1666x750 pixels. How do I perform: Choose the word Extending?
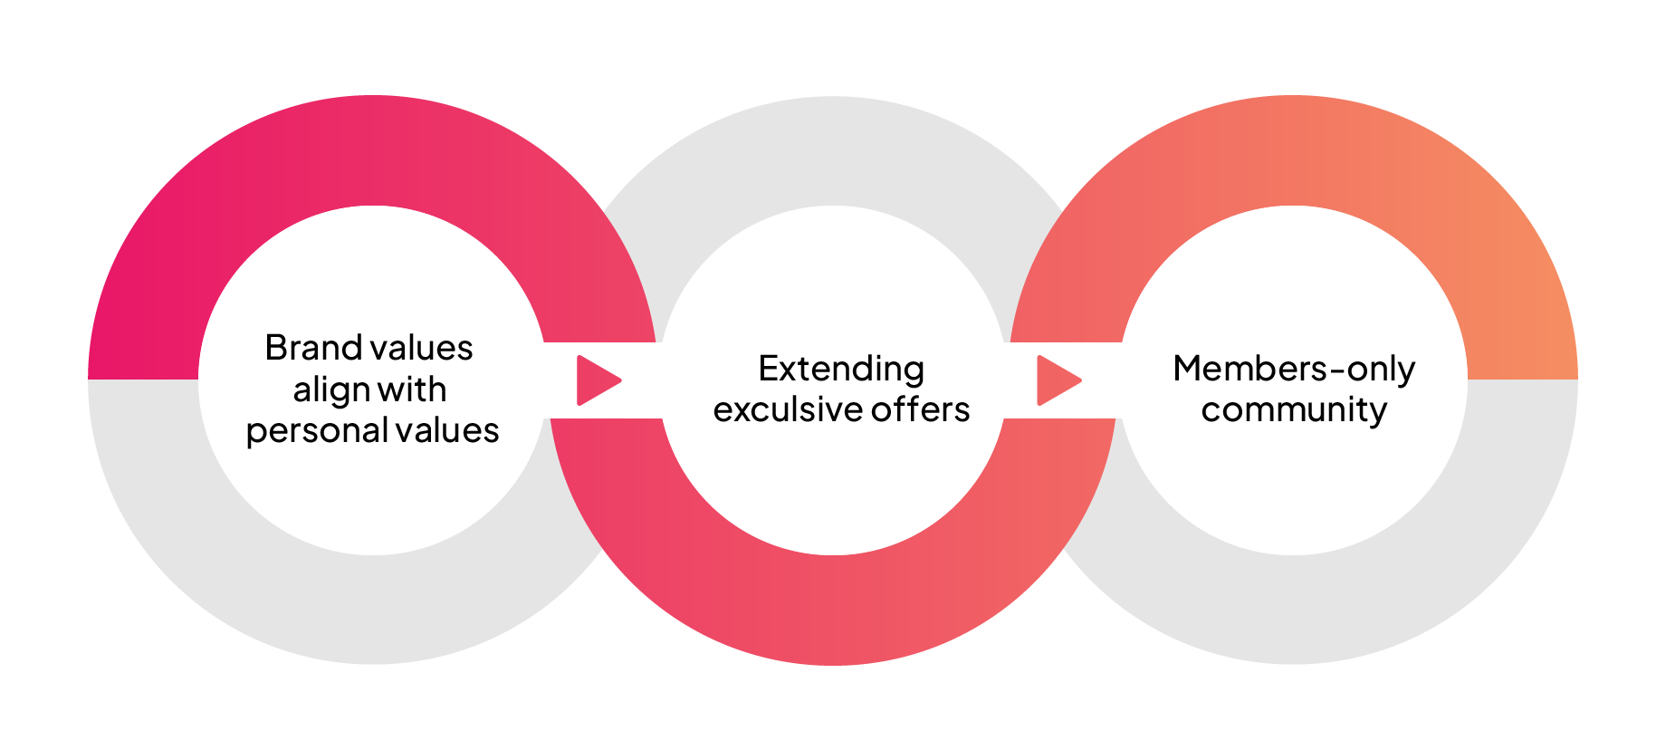pyautogui.click(x=841, y=370)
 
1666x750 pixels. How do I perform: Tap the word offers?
pyautogui.click(x=921, y=410)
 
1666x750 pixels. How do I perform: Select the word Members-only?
pyautogui.click(x=1294, y=370)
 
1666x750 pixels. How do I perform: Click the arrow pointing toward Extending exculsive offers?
pyautogui.click(x=598, y=380)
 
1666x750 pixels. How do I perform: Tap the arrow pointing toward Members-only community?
pyautogui.click(x=1058, y=380)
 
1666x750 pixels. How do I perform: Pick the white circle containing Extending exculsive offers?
pyautogui.click(x=833, y=489)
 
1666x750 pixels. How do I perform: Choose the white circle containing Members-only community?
pyautogui.click(x=1294, y=489)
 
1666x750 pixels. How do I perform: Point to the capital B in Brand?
pyautogui.click(x=276, y=348)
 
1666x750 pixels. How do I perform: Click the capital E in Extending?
pyautogui.click(x=768, y=370)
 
